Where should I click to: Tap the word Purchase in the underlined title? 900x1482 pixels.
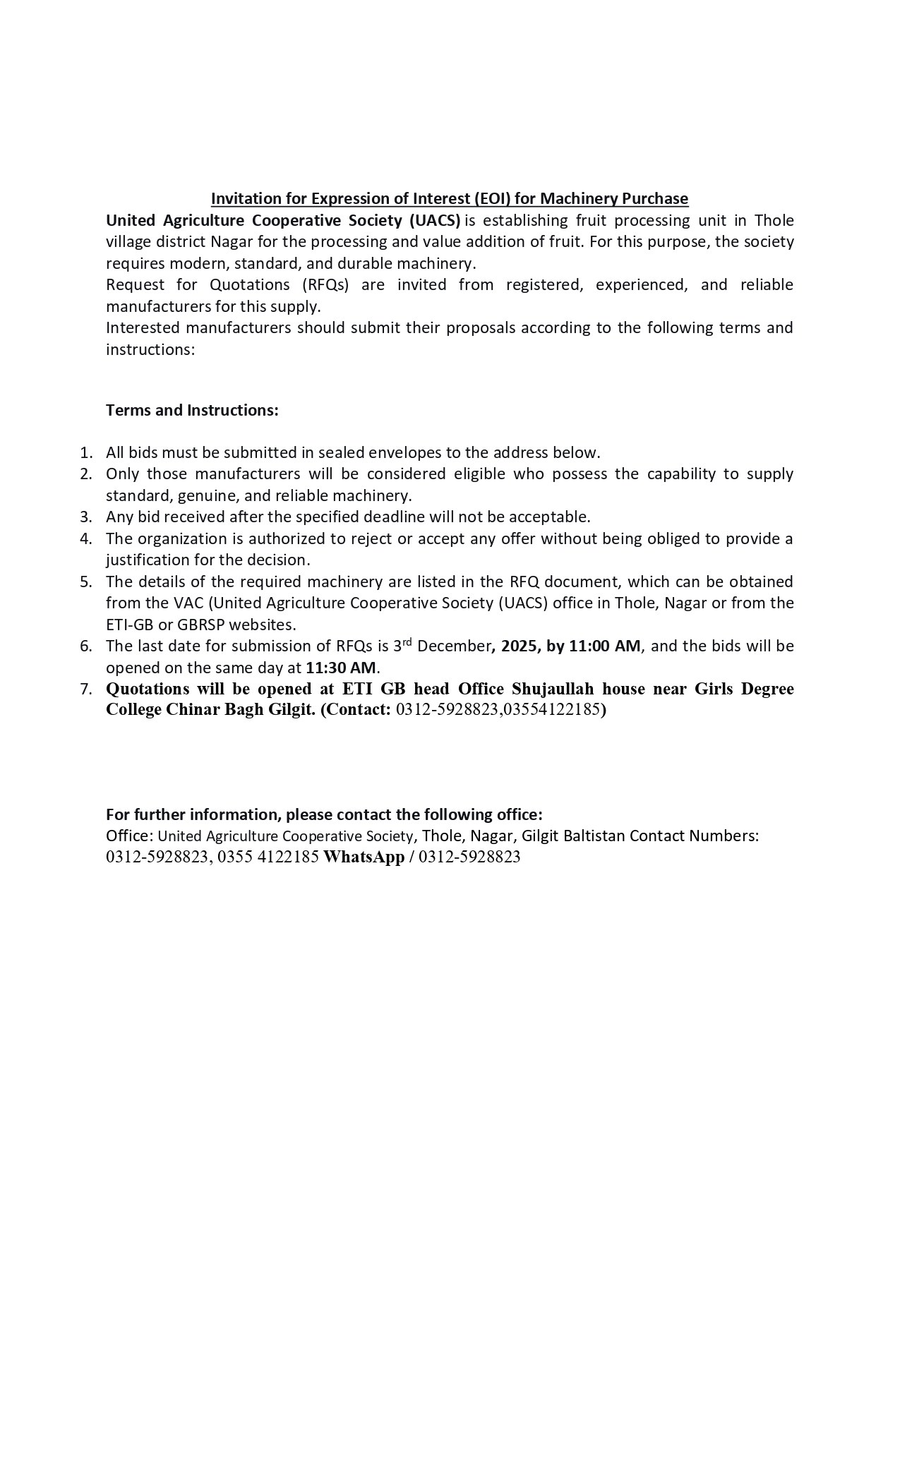tap(654, 198)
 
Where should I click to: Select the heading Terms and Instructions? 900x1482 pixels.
tap(192, 410)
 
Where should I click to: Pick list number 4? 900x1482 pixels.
tap(86, 538)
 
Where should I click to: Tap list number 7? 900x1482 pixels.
tap(86, 689)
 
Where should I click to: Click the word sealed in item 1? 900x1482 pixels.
tap(342, 452)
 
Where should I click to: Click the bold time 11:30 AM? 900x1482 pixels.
tap(340, 667)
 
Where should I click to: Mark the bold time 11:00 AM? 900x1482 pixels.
tap(604, 646)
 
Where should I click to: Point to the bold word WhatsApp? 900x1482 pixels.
tap(364, 857)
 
